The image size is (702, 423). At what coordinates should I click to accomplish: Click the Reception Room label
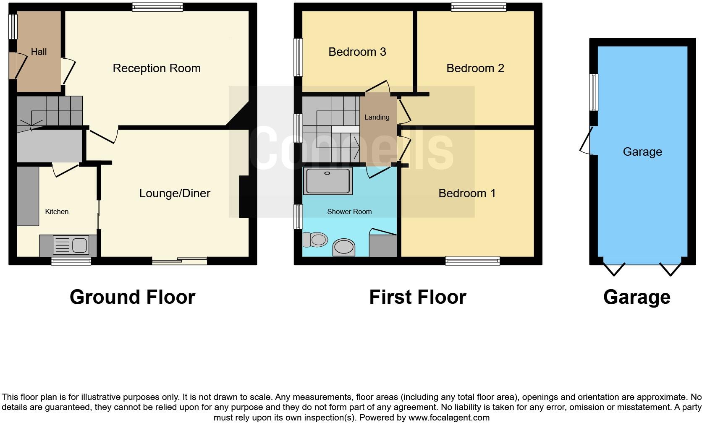[157, 68]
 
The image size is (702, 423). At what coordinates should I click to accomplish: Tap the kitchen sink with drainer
[70, 245]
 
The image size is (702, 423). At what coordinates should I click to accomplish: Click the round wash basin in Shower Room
[343, 247]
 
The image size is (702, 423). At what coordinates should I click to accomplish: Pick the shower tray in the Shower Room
[327, 181]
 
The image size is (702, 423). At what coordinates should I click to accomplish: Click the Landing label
[377, 117]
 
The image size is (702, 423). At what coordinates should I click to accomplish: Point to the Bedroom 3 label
[357, 52]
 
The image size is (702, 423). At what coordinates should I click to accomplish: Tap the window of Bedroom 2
[479, 7]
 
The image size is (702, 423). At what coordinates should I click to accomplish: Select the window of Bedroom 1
[473, 261]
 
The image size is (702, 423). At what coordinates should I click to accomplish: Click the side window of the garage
[593, 92]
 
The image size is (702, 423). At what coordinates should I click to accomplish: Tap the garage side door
[586, 141]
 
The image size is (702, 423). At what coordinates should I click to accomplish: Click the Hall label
[39, 52]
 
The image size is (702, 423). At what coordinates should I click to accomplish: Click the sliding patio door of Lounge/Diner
[180, 261]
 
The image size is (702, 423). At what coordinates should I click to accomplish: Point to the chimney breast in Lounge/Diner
[244, 196]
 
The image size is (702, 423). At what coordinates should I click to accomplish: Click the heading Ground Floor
[132, 297]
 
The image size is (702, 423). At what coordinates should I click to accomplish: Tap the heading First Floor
[417, 297]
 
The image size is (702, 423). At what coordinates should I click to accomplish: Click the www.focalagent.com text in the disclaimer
[448, 418]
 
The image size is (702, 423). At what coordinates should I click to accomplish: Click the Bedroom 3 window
[298, 57]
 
